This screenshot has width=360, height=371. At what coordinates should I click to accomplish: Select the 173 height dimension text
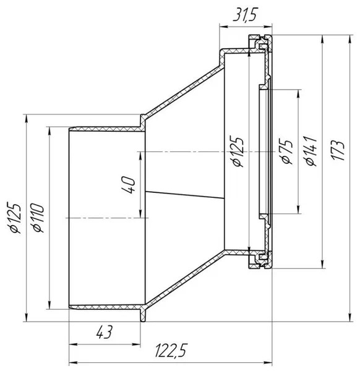coord(338,150)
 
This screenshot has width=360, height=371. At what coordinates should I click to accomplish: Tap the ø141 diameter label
coord(312,151)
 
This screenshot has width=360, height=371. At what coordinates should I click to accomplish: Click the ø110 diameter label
coord(38,218)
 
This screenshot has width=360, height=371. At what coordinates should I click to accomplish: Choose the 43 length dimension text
coord(104,332)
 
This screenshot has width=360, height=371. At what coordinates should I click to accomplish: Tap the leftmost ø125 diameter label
coord(14,218)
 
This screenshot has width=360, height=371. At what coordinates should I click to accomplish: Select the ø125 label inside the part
coord(238,151)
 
